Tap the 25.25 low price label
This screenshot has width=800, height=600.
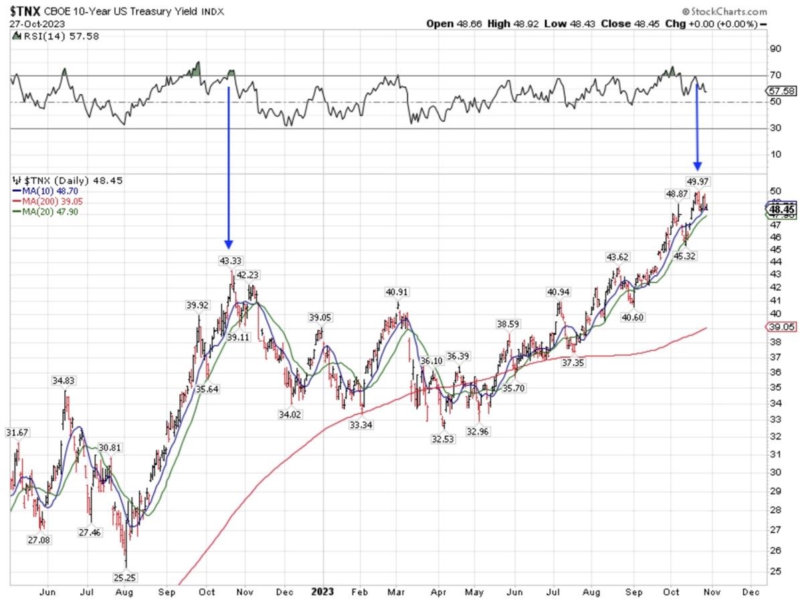point(126,577)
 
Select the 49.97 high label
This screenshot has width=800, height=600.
point(698,180)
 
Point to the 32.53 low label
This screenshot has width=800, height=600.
point(443,438)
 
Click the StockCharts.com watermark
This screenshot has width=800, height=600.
point(724,11)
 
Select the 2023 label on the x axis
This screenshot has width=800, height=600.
point(323,591)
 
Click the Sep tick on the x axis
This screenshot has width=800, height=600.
point(167,591)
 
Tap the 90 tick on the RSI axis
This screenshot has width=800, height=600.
point(775,49)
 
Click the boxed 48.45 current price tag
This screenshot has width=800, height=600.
point(781,210)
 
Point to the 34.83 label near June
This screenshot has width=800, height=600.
point(64,380)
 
